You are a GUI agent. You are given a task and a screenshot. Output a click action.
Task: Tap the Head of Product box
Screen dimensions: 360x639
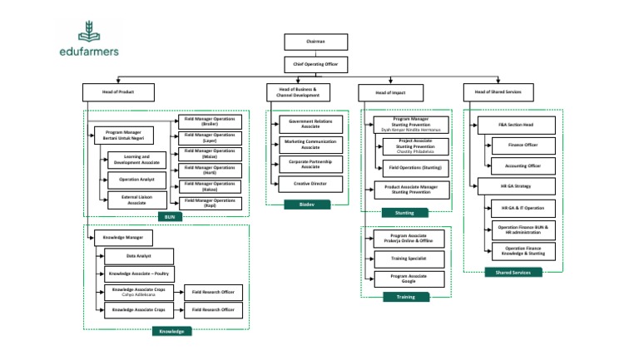(119, 91)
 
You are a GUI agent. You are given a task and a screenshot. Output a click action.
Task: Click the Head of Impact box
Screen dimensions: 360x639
(392, 91)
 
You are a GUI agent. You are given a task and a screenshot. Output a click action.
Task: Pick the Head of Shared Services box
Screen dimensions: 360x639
(498, 91)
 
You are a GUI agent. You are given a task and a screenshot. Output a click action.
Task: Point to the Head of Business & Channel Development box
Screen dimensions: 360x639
(298, 91)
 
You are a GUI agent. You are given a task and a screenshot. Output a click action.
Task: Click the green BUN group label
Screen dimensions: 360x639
(171, 217)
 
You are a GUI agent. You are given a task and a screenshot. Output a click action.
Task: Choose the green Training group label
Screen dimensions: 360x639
(405, 296)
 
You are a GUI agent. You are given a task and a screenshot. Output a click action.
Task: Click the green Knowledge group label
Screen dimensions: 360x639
(171, 330)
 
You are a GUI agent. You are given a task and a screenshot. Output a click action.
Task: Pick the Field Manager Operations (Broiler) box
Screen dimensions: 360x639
(209, 121)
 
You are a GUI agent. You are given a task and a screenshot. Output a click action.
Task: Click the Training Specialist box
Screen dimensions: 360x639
(409, 259)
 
